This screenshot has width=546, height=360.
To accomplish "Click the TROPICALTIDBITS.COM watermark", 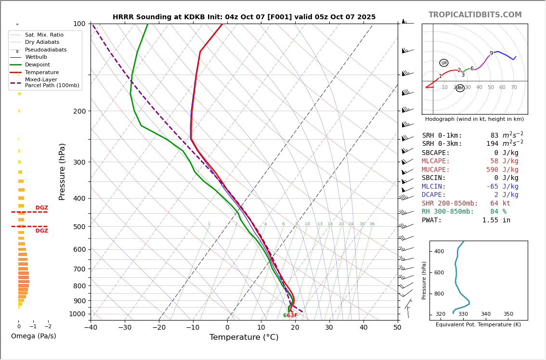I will point(475,15).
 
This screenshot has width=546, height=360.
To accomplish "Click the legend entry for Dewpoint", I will point(38,64).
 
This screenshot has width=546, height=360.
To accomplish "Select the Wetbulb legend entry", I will point(36,57).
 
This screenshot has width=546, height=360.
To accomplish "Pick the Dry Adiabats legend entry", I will point(42,42).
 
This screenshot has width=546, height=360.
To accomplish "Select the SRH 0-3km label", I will point(442,144).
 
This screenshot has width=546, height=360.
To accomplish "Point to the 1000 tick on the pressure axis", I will point(77,314).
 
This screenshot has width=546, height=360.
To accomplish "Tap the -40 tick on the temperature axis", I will point(91,328).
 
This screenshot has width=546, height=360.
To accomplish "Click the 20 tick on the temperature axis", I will point(295,328).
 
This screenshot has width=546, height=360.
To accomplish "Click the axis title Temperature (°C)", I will point(244,337).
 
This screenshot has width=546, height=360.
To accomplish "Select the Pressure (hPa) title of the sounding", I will point(62,171).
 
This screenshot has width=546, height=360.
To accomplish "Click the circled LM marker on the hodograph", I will point(443,63).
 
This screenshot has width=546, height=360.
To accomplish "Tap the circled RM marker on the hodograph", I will point(460,88).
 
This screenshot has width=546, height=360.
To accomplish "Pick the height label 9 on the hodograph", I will point(491,53).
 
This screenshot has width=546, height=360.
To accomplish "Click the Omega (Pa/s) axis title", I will point(33,336).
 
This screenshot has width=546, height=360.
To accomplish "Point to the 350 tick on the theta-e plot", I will point(508,314).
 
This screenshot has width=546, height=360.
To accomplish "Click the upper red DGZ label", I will point(41,208).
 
